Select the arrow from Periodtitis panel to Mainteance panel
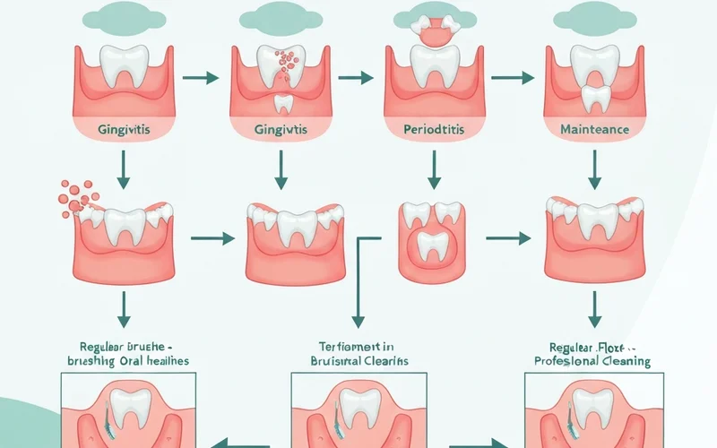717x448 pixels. click(510, 78)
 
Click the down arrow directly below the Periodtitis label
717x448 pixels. click(435, 168)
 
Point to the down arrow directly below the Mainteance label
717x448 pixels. click(592, 168)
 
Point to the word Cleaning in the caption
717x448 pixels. click(625, 361)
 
